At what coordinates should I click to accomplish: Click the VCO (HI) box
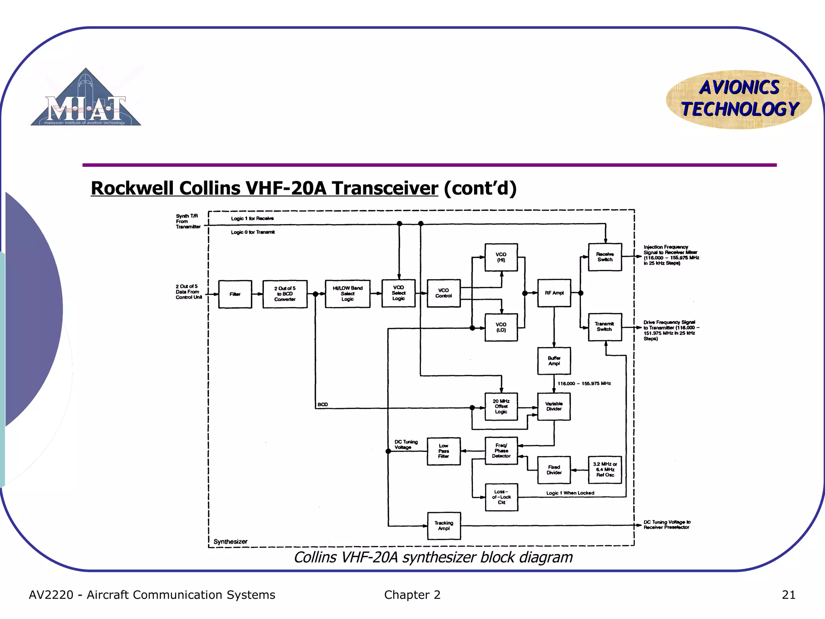coord(501,257)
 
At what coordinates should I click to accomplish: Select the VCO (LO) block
coord(501,327)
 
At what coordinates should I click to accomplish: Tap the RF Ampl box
coord(554,293)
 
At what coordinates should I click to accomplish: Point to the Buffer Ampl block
coord(554,361)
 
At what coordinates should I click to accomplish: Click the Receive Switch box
coord(605,257)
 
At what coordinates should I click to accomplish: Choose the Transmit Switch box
coord(605,327)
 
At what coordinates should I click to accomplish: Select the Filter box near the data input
coord(235,294)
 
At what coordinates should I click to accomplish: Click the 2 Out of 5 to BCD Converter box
coord(285,294)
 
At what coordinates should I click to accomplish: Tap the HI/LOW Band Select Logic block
coord(348,294)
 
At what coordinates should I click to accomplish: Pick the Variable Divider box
coord(554,406)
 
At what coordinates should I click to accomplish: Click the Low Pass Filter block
coord(444,451)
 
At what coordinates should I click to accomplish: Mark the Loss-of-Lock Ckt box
coord(502,497)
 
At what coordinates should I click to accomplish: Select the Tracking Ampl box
coord(444,526)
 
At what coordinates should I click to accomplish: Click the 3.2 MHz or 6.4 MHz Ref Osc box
coord(605,470)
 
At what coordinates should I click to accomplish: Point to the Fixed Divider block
coord(554,470)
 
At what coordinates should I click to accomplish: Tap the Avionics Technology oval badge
coord(739,99)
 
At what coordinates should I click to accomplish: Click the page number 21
coord(788,595)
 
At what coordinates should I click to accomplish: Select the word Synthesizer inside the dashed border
coord(230,542)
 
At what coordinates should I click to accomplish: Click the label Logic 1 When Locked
coord(570,493)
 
